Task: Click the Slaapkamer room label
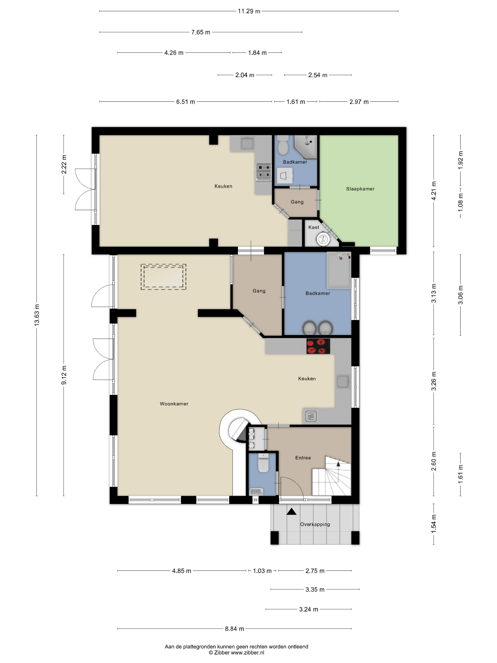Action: tap(360, 189)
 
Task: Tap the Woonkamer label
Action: tap(174, 404)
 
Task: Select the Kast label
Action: tap(314, 227)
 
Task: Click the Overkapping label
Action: tap(315, 524)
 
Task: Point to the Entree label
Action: tap(303, 458)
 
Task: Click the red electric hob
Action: tap(318, 346)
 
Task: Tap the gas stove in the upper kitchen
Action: tap(264, 172)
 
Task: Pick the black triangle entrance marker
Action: tap(292, 512)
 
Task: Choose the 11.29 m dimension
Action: tap(249, 11)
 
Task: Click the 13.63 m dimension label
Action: tap(36, 315)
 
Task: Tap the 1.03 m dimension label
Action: tap(262, 571)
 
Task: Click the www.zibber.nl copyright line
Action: tap(236, 653)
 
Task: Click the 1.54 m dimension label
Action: tap(434, 524)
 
